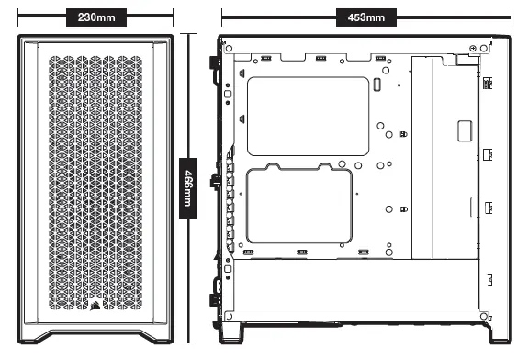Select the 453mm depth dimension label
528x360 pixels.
365,17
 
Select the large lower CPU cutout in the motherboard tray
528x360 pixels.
299,207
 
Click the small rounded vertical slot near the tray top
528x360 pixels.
376,85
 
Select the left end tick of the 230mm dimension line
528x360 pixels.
18,17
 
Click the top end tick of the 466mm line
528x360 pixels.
189,35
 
